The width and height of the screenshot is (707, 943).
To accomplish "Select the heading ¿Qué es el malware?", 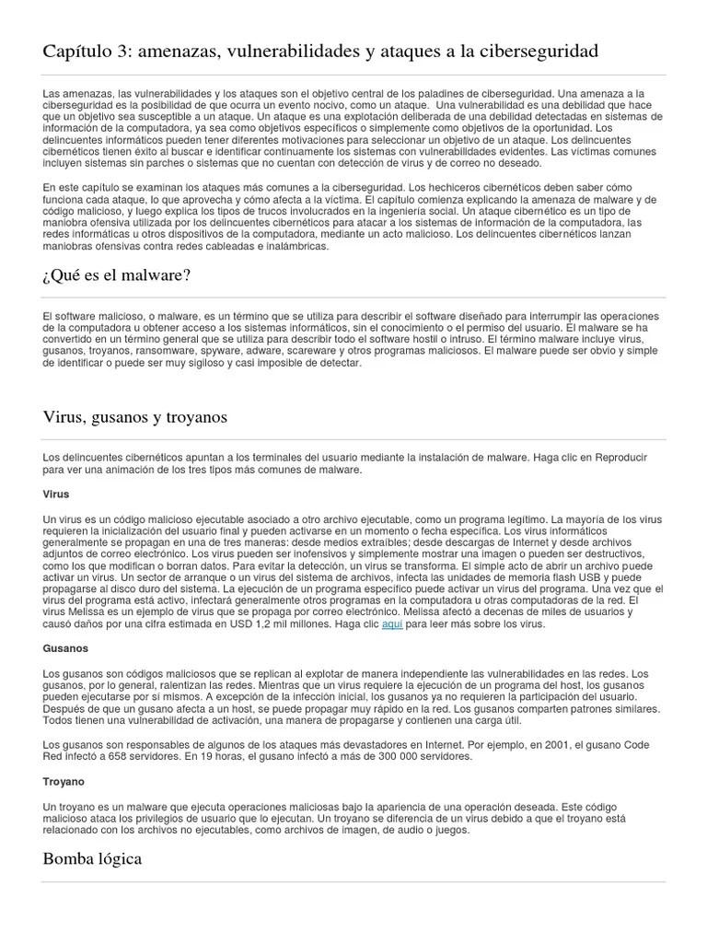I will pyautogui.click(x=117, y=274).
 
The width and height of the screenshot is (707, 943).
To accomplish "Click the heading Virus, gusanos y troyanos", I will pyautogui.click(x=135, y=417).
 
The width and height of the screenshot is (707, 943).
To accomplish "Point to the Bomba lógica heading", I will pyautogui.click(x=92, y=858).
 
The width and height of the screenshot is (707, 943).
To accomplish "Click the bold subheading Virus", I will pyautogui.click(x=56, y=495).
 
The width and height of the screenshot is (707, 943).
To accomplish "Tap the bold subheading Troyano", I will pyautogui.click(x=64, y=781).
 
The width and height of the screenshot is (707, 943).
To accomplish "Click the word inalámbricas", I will pyautogui.click(x=272, y=244).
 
